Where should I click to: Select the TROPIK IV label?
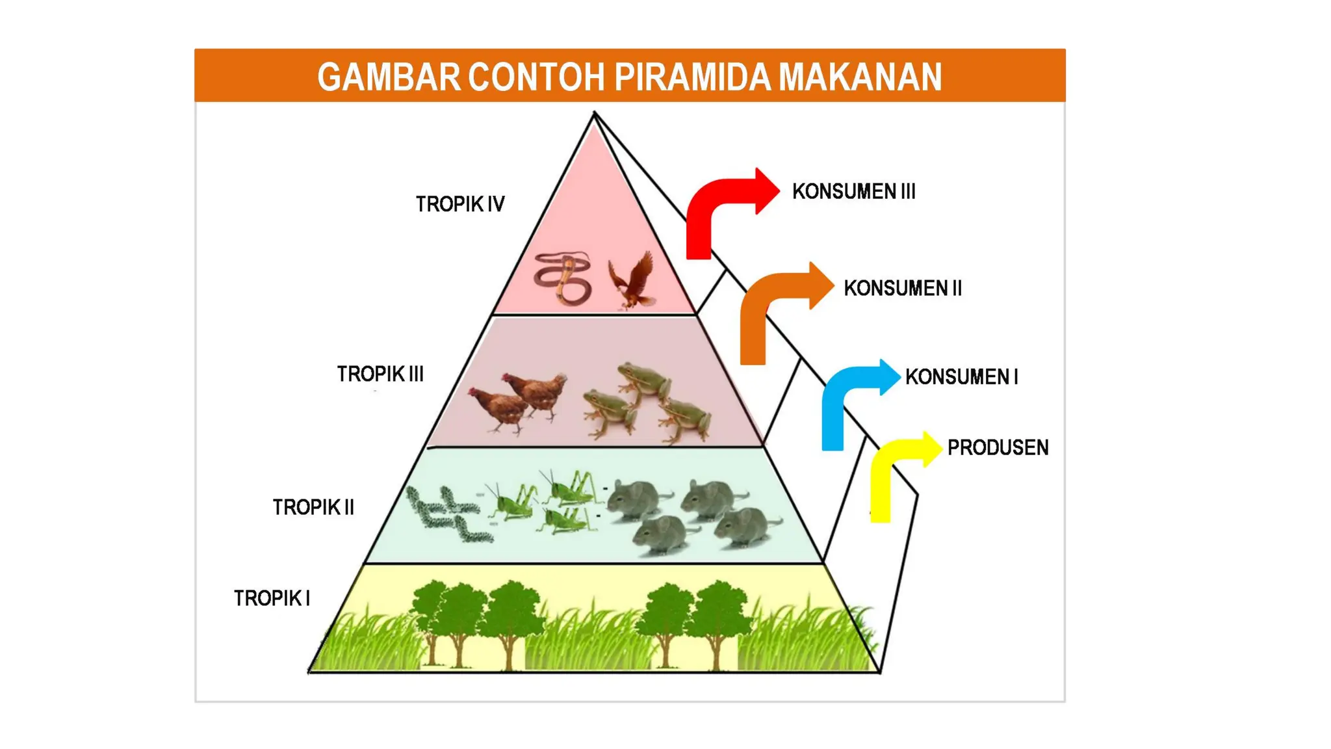pos(460,204)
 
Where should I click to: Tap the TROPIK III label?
pos(380,374)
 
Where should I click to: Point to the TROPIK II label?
pos(313,507)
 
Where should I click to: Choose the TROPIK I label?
pos(272,598)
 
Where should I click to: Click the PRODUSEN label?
pos(998,447)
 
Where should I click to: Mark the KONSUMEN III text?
pos(853,192)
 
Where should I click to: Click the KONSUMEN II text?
pos(902,288)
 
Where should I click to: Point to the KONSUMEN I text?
pos(961,376)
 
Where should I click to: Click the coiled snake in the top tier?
pos(563,278)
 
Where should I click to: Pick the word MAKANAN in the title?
pos(860,77)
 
